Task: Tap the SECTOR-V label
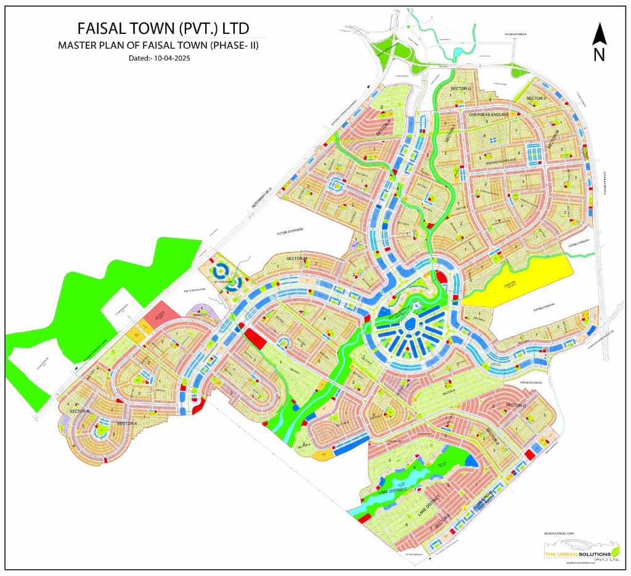click(x=536, y=98)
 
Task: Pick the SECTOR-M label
click(x=296, y=259)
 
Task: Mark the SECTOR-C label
click(x=515, y=405)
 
